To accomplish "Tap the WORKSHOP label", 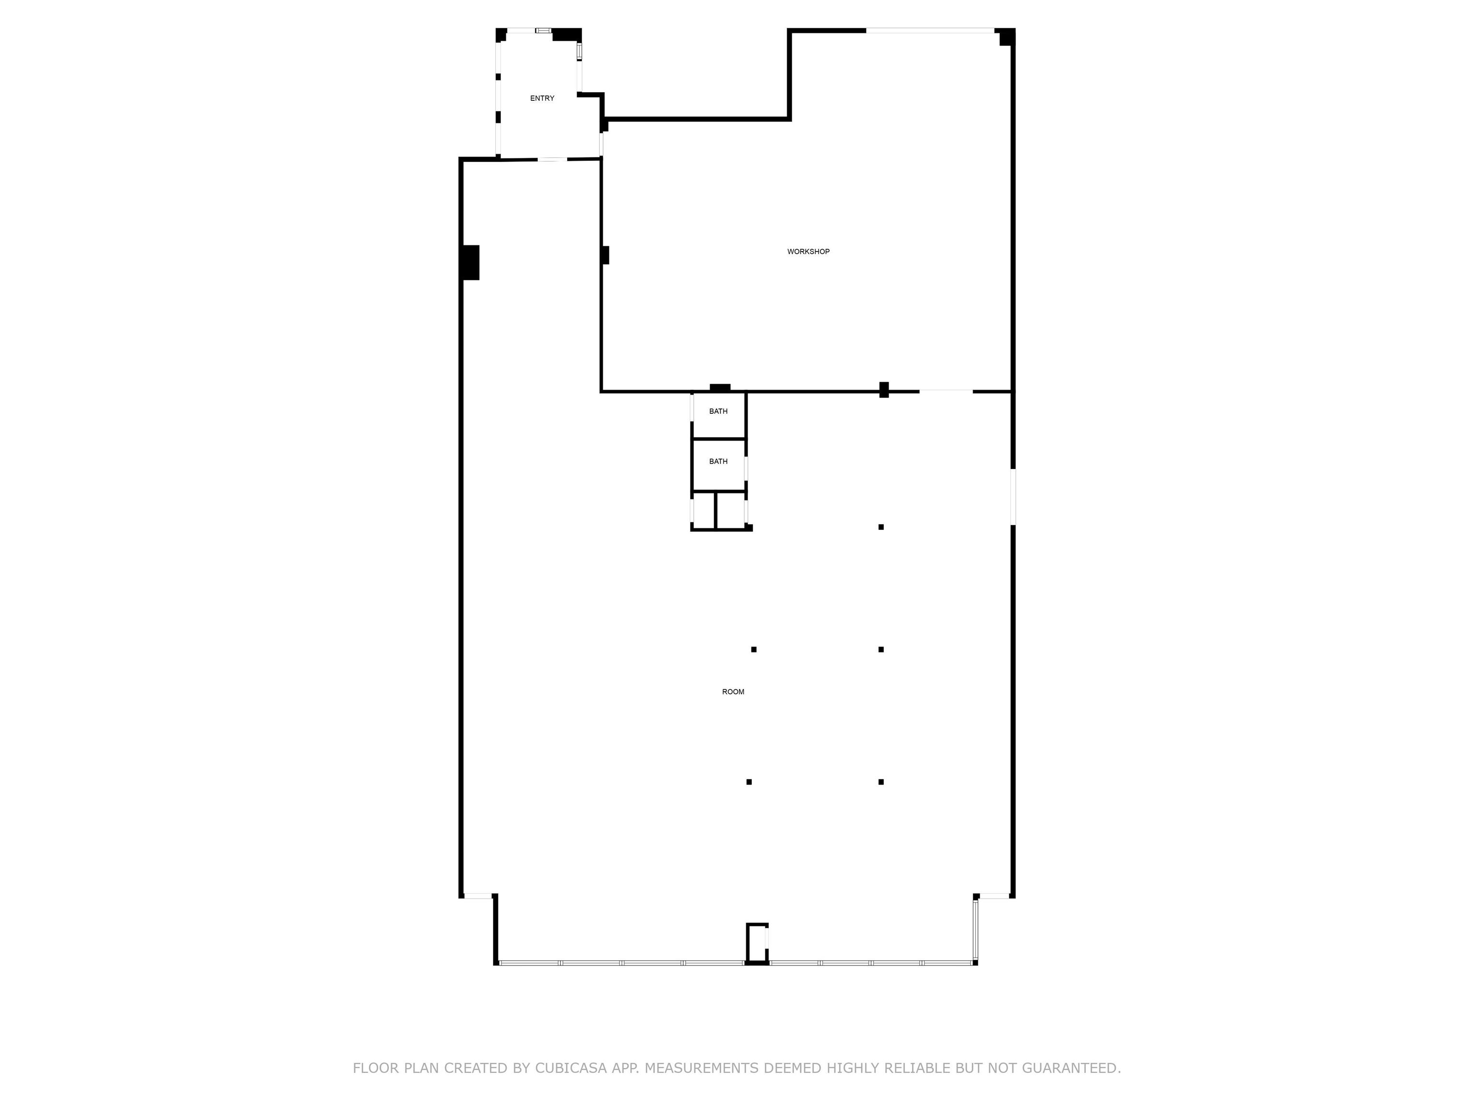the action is pos(808,252).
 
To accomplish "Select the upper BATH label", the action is pos(718,411).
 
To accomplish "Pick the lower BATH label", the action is pos(718,461).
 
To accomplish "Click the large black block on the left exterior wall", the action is pos(470,263).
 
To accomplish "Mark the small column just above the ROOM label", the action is pos(754,649).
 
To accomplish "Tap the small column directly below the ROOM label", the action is pos(749,782).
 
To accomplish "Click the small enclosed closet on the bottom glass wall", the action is pos(757,943).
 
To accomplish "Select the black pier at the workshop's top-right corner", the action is pos(1007,37).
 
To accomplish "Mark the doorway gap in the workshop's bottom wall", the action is pos(946,391).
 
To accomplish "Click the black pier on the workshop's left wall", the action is pos(605,255).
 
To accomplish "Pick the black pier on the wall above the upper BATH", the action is pos(720,387).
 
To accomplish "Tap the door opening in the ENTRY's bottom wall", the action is pos(552,159).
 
